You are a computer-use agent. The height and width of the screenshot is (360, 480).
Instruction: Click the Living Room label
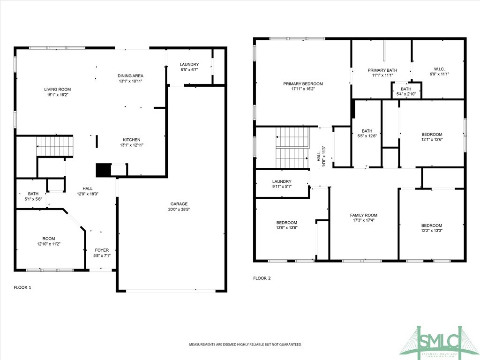(57, 89)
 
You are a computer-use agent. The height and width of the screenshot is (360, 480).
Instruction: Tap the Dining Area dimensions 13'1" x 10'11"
(130, 81)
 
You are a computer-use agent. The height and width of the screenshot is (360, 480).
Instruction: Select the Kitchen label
(132, 140)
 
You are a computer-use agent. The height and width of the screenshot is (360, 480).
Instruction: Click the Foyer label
(102, 250)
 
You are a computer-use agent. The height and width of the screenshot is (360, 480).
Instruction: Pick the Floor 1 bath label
(33, 194)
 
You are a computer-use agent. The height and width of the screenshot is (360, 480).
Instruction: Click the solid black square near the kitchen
(103, 170)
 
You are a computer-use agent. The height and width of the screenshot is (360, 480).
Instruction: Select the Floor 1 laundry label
(189, 64)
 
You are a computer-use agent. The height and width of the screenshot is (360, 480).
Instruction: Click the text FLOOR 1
(22, 287)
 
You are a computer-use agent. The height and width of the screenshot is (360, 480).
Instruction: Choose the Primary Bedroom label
(303, 84)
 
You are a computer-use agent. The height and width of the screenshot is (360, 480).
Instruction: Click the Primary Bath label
(382, 70)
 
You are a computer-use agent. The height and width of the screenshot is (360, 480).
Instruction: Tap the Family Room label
(364, 215)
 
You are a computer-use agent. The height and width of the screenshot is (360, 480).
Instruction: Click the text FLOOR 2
(262, 278)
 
